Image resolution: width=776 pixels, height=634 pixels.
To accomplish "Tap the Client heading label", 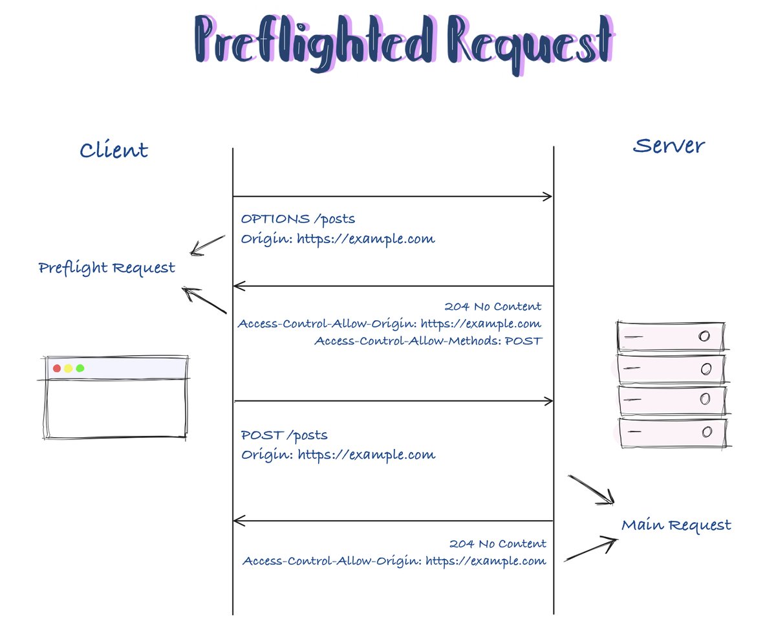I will tap(114, 151).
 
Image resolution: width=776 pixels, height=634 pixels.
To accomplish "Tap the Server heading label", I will tap(669, 146).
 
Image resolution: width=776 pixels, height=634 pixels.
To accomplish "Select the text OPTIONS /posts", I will tap(297, 219).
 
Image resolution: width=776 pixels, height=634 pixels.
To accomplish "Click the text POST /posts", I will tap(284, 435).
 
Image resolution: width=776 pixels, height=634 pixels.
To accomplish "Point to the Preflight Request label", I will tap(107, 268).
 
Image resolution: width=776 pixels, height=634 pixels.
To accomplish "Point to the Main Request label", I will tap(676, 525).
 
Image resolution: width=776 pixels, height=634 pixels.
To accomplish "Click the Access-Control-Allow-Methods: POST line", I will tap(427, 340).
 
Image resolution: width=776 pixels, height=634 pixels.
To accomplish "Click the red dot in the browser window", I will tap(57, 368).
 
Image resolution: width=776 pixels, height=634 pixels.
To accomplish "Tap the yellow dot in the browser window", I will tap(69, 368).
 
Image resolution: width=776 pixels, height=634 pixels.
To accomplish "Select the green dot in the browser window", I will tap(80, 368).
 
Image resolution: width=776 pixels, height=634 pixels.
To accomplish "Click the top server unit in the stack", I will tap(670, 336).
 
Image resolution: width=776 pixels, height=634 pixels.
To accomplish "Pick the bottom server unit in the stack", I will tap(671, 432).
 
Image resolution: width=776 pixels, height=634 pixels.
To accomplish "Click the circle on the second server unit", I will tap(706, 369).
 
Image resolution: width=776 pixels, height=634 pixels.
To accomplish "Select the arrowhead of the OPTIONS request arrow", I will tap(548, 196).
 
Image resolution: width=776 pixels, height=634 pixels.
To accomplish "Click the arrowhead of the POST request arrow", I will tap(548, 402).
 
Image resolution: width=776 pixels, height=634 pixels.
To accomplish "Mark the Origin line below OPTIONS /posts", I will tap(338, 239).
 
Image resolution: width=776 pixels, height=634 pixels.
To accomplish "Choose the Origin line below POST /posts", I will tap(338, 455).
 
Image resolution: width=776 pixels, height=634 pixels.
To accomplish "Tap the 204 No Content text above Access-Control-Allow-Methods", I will tap(493, 306).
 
